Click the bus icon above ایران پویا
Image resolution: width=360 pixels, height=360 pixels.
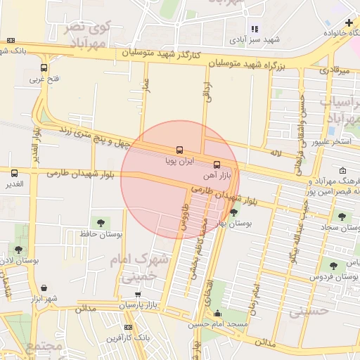179,150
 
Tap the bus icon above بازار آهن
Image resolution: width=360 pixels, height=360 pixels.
216,164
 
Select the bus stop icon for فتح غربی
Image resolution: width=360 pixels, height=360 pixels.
44,68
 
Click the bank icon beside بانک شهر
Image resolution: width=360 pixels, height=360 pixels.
9,40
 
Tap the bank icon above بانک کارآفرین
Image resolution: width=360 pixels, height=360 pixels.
127,327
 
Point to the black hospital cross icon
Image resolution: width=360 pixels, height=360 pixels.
349,22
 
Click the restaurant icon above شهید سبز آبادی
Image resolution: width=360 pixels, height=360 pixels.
255,29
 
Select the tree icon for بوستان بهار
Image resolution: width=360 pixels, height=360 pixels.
233,211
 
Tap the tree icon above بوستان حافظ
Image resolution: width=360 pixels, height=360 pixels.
96,222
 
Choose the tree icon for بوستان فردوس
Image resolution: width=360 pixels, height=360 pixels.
333,266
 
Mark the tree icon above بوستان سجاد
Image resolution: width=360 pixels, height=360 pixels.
342,217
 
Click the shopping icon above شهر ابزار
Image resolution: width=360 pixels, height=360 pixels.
44,287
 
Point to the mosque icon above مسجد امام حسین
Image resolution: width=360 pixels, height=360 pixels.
218,314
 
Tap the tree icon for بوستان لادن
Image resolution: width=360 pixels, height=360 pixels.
18,249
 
